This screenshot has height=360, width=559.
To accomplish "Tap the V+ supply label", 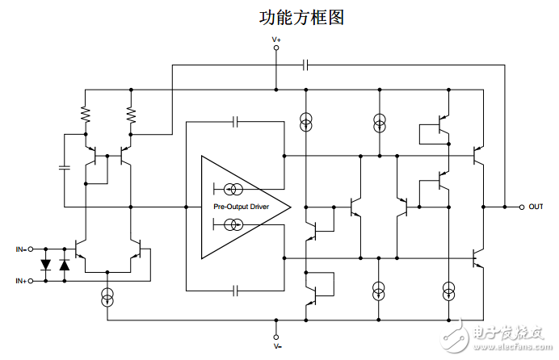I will tap(276, 39).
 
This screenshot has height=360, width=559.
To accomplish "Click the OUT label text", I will tap(535, 207).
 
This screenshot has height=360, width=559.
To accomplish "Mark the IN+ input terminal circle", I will tap(33, 281).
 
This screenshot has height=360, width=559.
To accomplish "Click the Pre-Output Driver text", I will tap(241, 207).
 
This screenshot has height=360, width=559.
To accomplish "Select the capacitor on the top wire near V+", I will tap(306, 63).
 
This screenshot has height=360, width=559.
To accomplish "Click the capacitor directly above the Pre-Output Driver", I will tap(235, 123).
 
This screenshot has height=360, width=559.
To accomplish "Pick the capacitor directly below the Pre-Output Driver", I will tap(235, 289).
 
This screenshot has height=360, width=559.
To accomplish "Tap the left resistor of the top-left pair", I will tap(85, 116).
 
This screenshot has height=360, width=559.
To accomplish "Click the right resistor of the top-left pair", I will tap(132, 116).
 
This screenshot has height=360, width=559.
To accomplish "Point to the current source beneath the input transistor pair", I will tap(107, 298).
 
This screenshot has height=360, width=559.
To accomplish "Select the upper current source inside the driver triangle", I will tap(233, 190).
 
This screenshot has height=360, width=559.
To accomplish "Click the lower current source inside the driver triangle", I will tap(233, 224).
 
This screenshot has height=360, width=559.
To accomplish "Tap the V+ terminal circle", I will tap(276, 48).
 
